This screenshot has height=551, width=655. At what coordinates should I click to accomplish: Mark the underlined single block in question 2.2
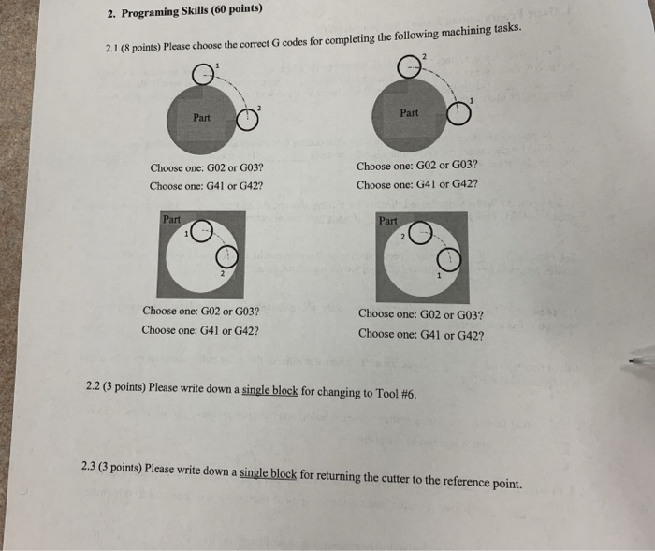click(x=269, y=390)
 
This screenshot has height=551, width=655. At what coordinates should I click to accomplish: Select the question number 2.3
click(x=91, y=466)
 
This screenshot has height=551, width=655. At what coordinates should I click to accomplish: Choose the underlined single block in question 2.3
click(x=268, y=473)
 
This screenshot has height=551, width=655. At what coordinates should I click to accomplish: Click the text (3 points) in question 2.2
click(x=125, y=386)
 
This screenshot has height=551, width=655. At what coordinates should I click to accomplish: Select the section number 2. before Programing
click(x=110, y=14)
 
